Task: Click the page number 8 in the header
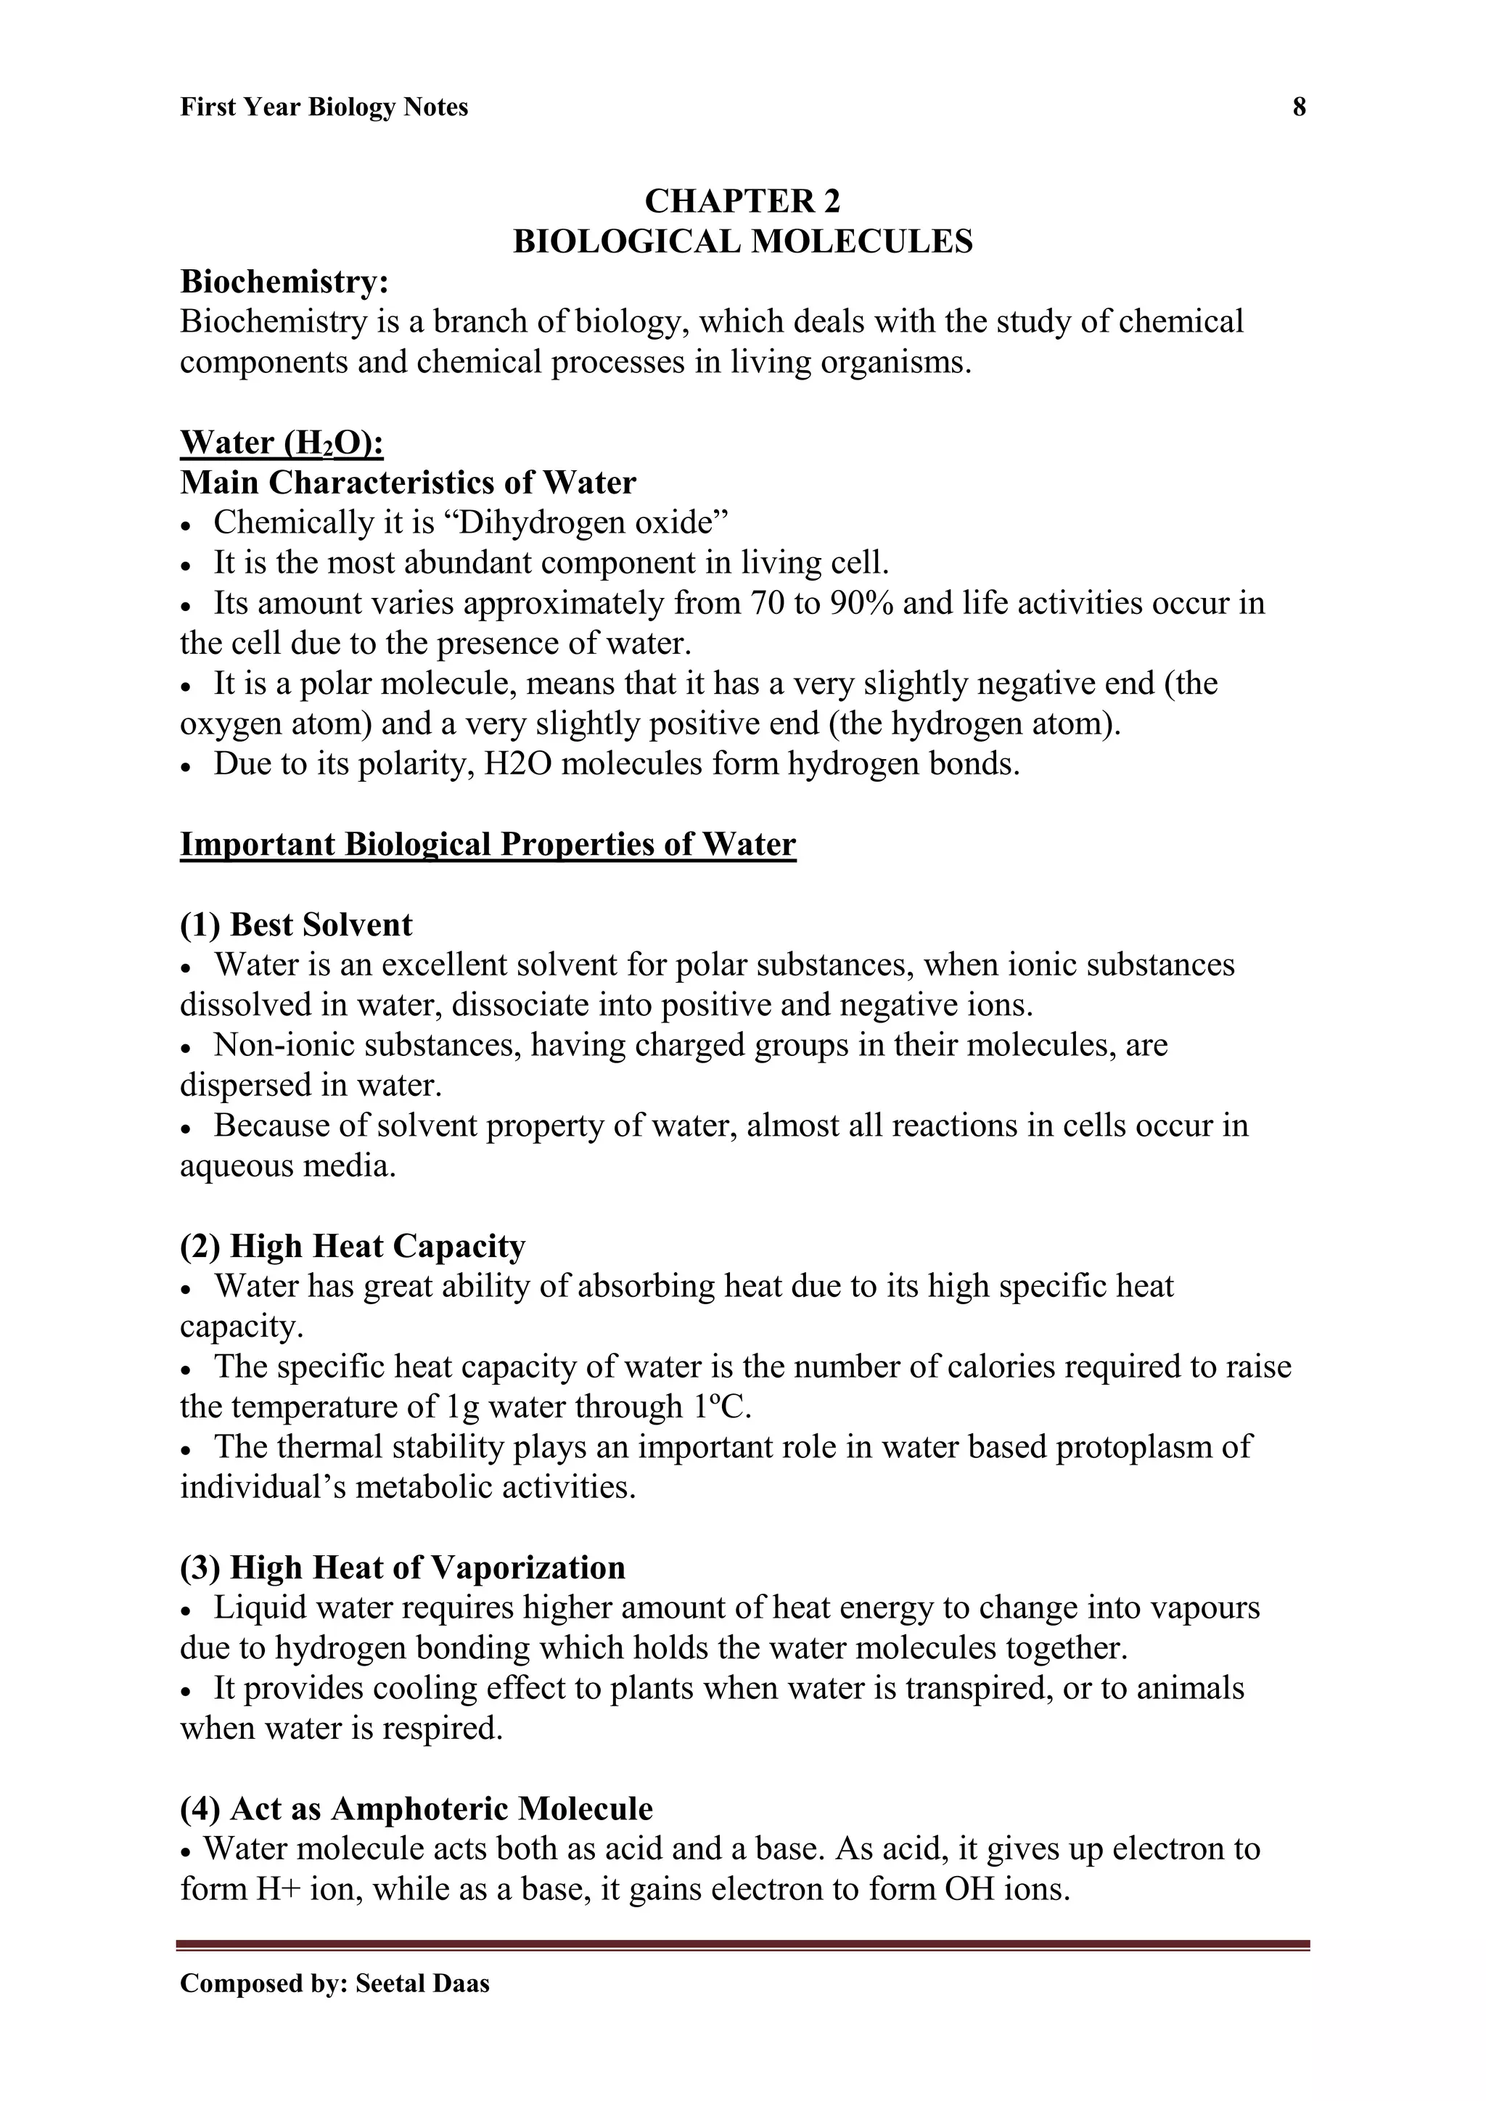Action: (x=1298, y=108)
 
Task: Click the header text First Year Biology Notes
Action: (x=324, y=108)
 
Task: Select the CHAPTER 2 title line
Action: (x=742, y=201)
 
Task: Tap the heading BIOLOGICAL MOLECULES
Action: (x=742, y=242)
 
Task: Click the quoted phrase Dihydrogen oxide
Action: (x=586, y=523)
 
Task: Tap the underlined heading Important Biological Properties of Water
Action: (x=488, y=844)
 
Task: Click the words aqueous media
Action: (x=288, y=1166)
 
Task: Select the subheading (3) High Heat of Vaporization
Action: (x=403, y=1568)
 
